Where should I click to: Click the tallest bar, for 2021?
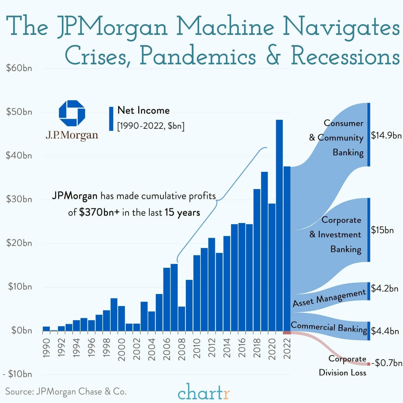pos(279,225)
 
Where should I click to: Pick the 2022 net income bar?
pos(287,249)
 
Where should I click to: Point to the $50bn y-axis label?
pos(19,112)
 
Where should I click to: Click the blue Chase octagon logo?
pos(72,113)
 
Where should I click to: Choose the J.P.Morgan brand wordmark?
pos(72,135)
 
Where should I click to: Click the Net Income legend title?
pos(143,110)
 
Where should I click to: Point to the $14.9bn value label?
pos(386,135)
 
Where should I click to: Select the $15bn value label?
pos(382,230)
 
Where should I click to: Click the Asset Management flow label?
pos(329,298)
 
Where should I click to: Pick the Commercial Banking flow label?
pos(329,327)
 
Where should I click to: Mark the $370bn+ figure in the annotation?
pos(99,213)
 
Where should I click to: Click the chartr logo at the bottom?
pos(204,392)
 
